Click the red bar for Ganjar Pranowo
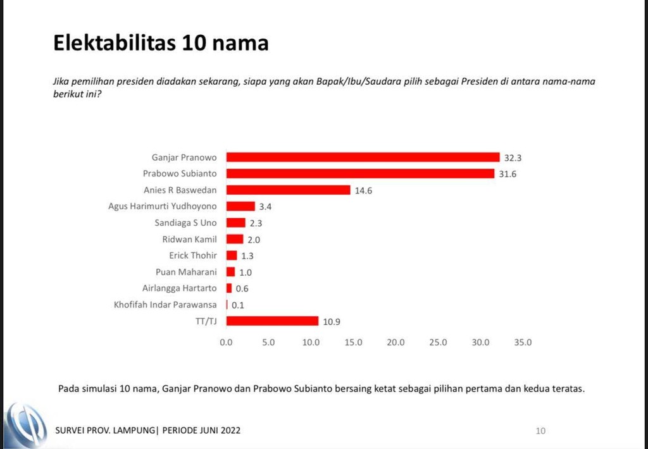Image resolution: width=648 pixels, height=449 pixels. pos(363,157)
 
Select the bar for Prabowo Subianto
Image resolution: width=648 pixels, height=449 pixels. pos(360,173)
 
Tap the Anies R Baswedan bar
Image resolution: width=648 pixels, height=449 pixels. pos(288,190)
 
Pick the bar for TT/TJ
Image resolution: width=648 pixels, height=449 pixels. pos(272,321)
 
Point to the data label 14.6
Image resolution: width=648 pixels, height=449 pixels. pos(364,190)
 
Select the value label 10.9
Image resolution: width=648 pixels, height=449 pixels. pos(332,321)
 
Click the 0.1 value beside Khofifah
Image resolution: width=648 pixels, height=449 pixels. pos(237,305)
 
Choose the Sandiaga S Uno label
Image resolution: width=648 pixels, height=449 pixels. pos(185,223)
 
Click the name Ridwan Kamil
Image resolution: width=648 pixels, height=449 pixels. pos(189,239)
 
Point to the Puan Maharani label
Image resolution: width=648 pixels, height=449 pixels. pos(186,272)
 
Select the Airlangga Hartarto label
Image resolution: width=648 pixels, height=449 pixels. pos(179,288)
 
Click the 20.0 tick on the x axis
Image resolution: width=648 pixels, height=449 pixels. pos(396,343)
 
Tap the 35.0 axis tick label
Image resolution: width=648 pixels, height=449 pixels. pos(523,343)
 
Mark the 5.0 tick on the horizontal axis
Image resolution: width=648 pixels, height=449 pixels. pos(268,343)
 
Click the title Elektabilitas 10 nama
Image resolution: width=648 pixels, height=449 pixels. pos(161,43)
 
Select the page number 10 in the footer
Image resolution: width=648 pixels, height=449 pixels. pos(540,431)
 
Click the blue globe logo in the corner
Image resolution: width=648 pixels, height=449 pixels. pos(25,425)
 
